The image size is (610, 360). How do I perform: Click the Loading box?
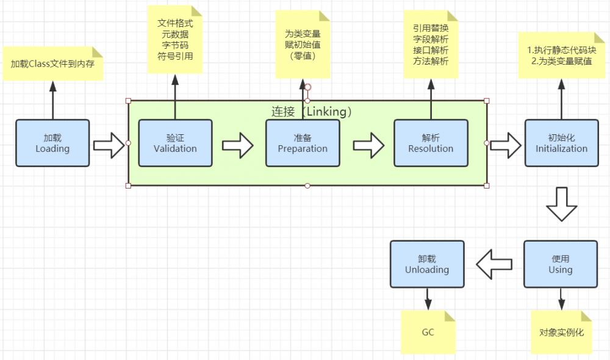tap(52, 143)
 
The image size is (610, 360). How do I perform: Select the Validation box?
tap(175, 143)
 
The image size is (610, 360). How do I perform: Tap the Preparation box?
tap(303, 143)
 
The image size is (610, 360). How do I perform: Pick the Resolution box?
tap(431, 143)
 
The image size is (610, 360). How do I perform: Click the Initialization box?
tap(561, 143)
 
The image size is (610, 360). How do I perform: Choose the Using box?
tap(560, 264)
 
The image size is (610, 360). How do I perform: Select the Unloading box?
tap(427, 264)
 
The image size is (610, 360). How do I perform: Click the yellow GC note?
tap(428, 333)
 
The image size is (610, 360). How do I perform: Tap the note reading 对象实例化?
tap(561, 333)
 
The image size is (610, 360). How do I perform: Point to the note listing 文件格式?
tap(175, 40)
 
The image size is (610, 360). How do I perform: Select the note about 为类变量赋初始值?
tap(303, 45)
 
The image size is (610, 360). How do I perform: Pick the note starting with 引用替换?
tap(431, 44)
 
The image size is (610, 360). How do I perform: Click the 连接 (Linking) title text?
tap(311, 112)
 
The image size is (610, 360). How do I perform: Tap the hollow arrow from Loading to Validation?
tap(109, 145)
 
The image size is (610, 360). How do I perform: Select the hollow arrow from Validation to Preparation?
tap(237, 145)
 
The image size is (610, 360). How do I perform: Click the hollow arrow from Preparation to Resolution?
tap(368, 145)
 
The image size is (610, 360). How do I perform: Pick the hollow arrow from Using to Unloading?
tap(493, 264)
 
